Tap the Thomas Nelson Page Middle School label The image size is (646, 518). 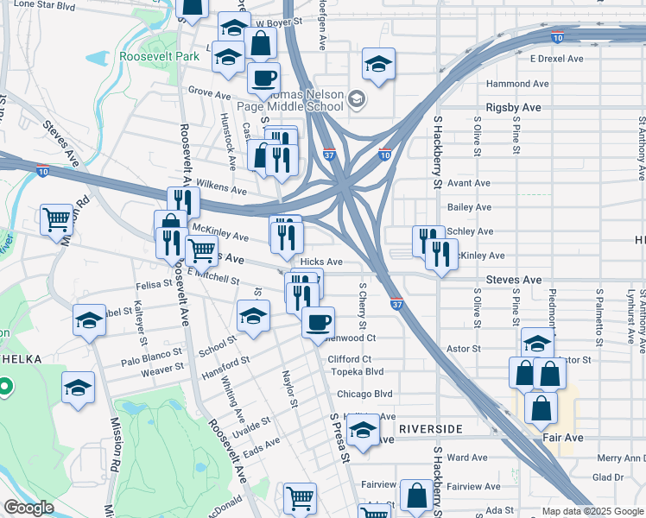298,101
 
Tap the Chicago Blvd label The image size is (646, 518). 364,394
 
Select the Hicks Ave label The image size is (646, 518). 321,262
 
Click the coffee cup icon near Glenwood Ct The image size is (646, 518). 318,323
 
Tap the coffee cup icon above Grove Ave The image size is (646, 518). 263,78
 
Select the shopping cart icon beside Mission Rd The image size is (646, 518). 57,219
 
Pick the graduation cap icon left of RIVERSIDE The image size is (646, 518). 363,431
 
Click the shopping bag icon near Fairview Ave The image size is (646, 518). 416,496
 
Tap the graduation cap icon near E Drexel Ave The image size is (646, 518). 378,64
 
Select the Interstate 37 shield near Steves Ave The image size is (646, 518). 396,306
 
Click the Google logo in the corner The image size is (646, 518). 28,509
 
